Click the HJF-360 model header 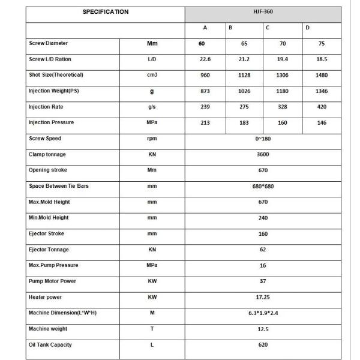pyautogui.click(x=263, y=12)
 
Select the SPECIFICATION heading pyautogui.click(x=105, y=12)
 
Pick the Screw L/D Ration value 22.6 pyautogui.click(x=205, y=59)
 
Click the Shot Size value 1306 pyautogui.click(x=283, y=75)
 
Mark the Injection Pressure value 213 pyautogui.click(x=205, y=123)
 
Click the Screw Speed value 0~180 pyautogui.click(x=263, y=139)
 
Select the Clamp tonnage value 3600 pyautogui.click(x=263, y=155)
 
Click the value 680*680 pyautogui.click(x=263, y=187)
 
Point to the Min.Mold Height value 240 pyautogui.click(x=263, y=218)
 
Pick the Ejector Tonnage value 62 pyautogui.click(x=263, y=250)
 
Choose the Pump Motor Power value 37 pyautogui.click(x=263, y=281)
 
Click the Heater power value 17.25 pyautogui.click(x=263, y=297)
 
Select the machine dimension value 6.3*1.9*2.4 pyautogui.click(x=263, y=313)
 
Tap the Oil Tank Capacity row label pyautogui.click(x=52, y=344)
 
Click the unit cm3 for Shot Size pyautogui.click(x=152, y=75)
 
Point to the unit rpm pyautogui.click(x=152, y=139)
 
